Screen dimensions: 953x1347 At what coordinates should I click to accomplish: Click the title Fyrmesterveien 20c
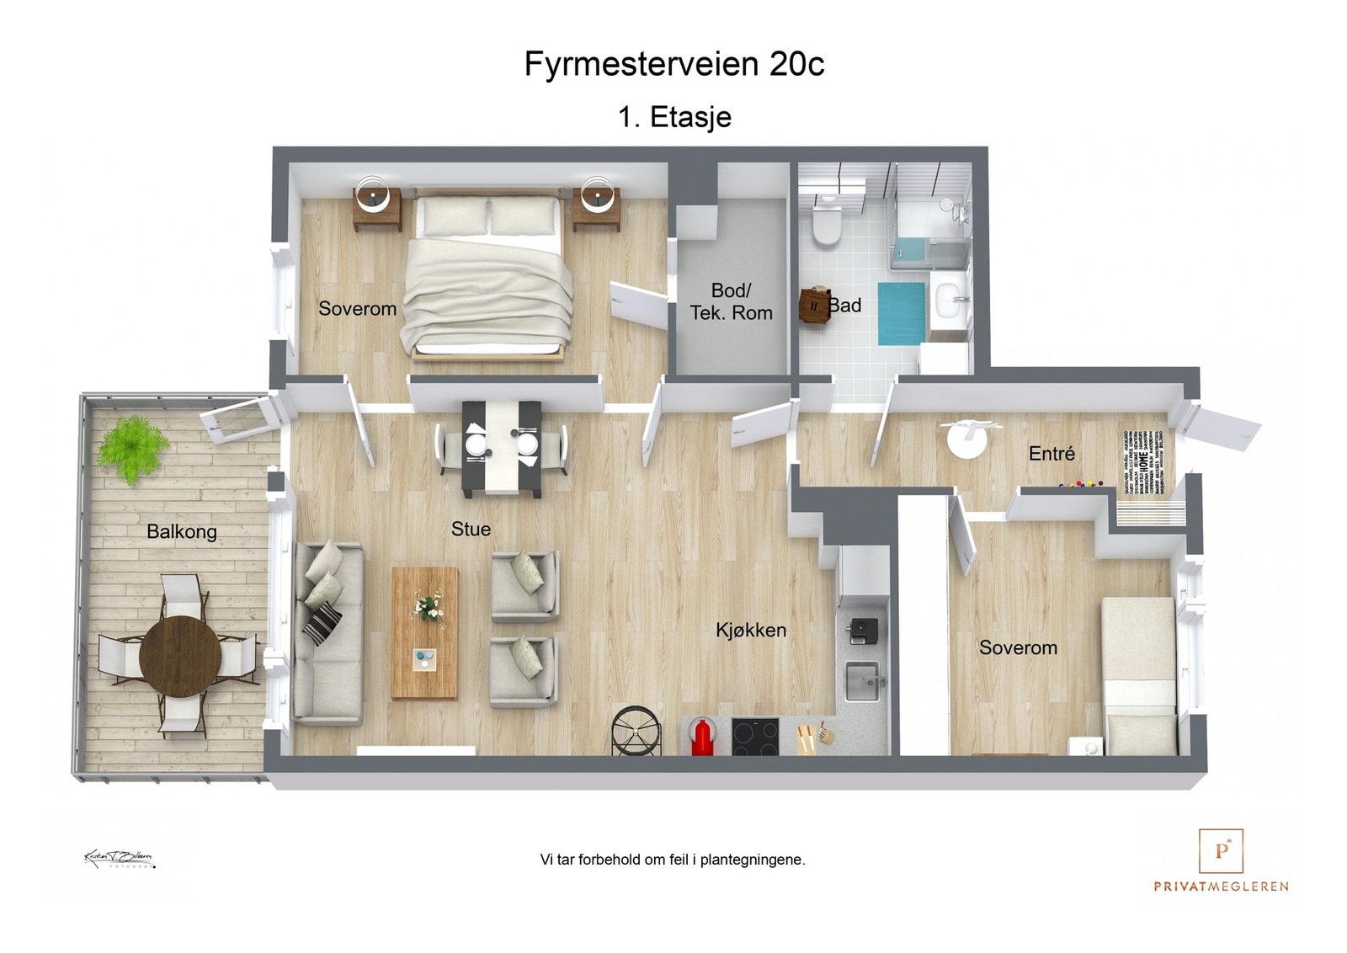tap(673, 64)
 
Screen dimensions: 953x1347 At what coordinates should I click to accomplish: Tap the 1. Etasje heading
tap(674, 117)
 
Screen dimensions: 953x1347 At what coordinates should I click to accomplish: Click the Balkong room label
tap(182, 532)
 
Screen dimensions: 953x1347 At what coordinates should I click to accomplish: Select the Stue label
tap(471, 529)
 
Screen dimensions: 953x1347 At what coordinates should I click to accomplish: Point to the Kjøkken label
tap(751, 630)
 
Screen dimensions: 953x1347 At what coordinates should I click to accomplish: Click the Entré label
tap(1052, 454)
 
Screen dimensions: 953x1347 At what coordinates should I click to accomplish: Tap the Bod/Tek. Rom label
tap(731, 301)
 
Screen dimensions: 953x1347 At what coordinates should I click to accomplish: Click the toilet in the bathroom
tap(827, 223)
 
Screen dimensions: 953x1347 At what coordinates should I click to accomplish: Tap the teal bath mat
tap(901, 313)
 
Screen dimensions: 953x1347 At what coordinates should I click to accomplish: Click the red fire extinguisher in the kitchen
tap(701, 737)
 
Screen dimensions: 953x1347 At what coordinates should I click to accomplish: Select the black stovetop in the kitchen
tap(754, 737)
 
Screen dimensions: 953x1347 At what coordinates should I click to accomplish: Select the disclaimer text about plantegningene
tap(673, 860)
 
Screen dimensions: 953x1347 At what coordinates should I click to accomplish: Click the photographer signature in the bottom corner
tap(119, 860)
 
